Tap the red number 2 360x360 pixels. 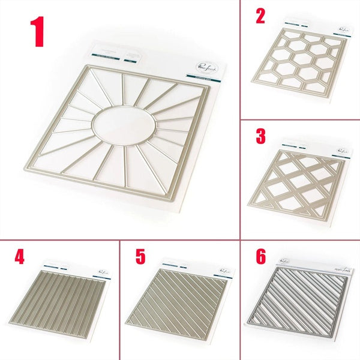pyautogui.click(x=260, y=16)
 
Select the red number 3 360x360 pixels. pyautogui.click(x=260, y=136)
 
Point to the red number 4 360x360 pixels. pyautogui.click(x=20, y=257)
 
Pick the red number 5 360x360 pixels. pyautogui.click(x=140, y=257)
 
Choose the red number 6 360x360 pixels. pyautogui.click(x=260, y=257)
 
